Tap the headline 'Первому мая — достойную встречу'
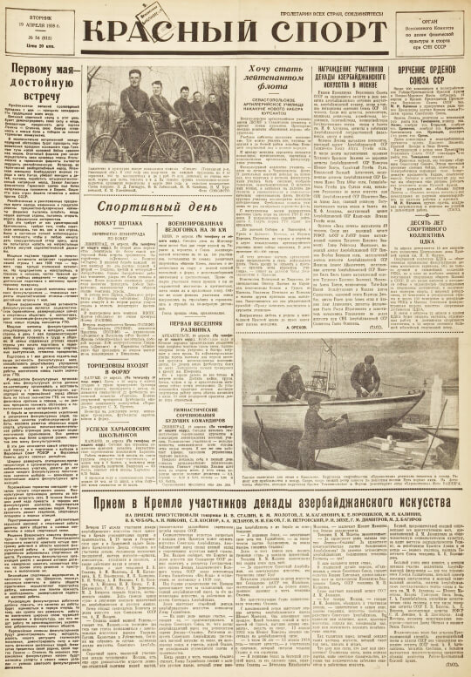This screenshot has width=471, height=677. pos(42,81)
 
